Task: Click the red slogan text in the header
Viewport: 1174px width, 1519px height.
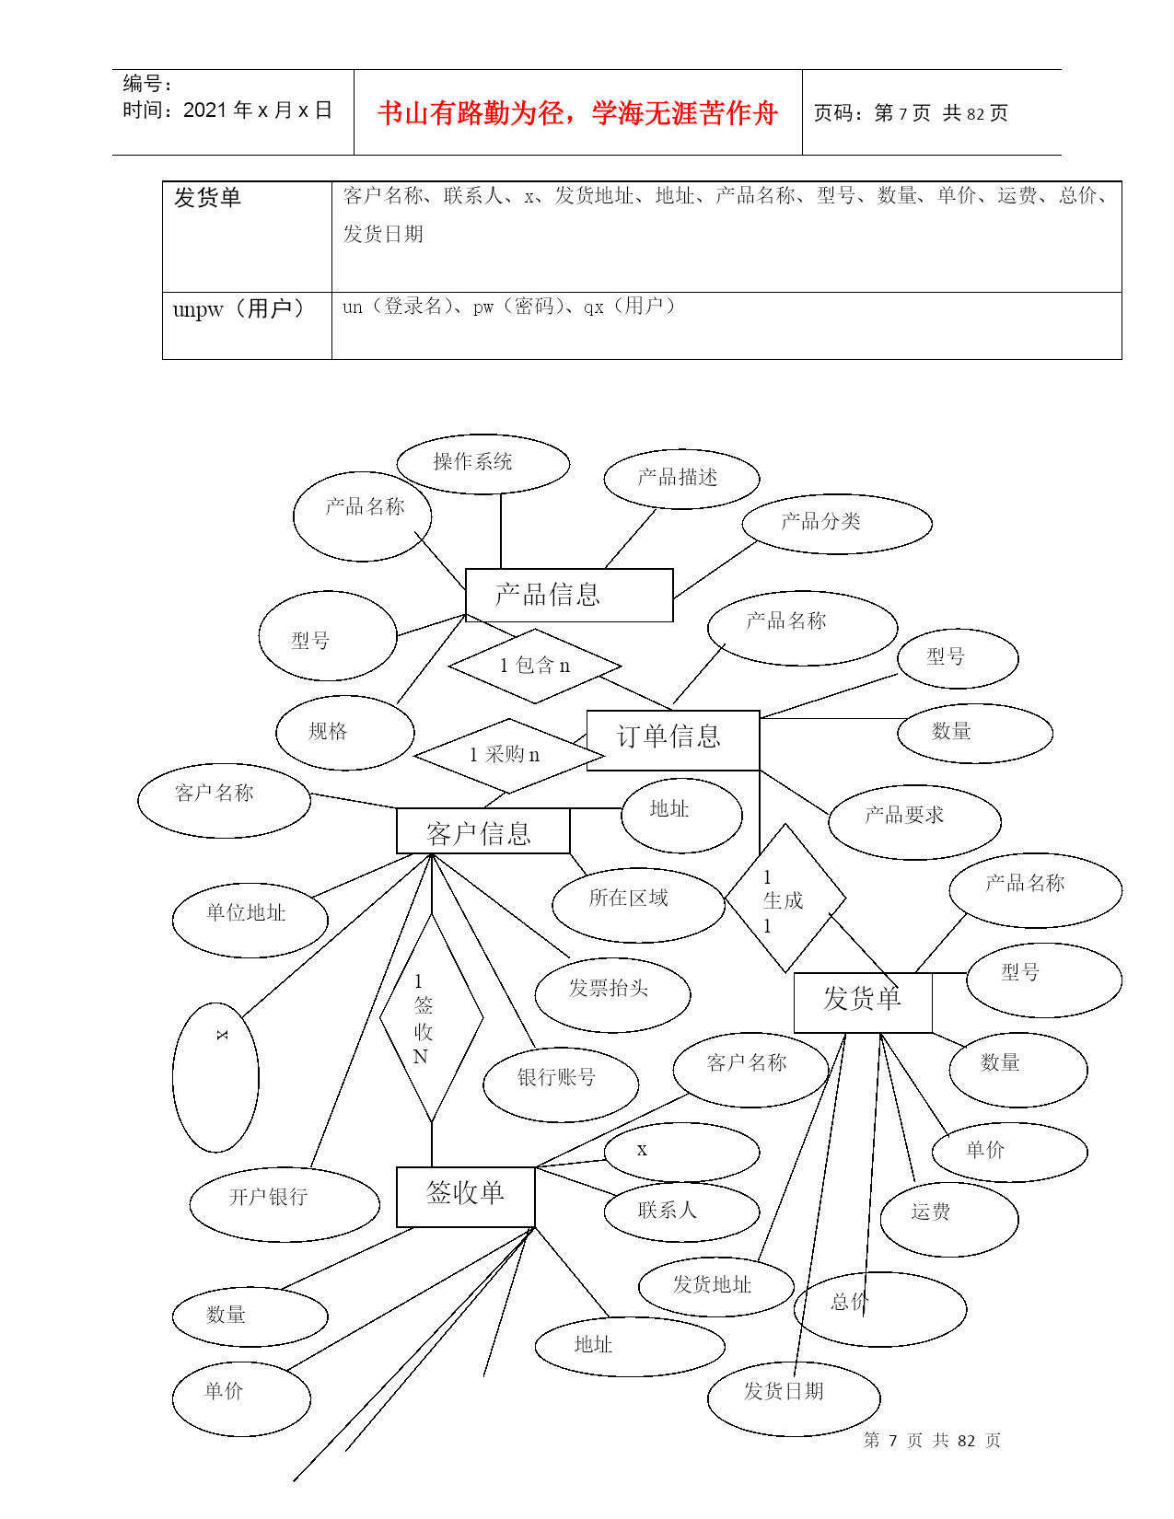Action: click(577, 112)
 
